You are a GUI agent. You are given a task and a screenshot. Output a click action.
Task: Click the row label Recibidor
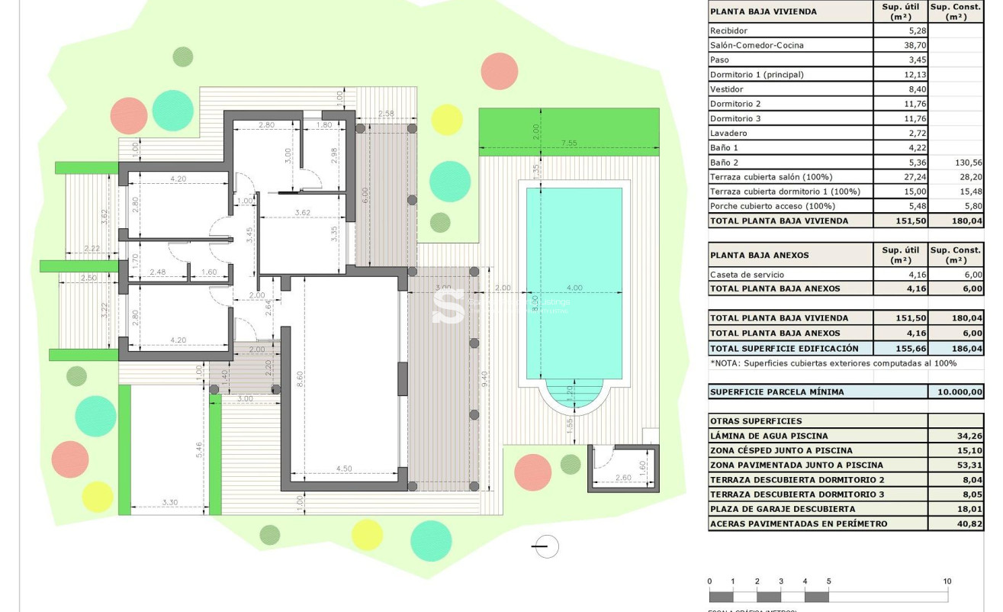[728, 31]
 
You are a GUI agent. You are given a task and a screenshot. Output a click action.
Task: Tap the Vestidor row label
[726, 89]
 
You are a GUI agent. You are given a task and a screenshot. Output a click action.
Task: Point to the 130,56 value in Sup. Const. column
[967, 163]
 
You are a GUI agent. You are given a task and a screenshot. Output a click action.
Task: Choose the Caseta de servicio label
[747, 275]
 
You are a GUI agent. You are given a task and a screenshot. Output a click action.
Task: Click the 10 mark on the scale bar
[947, 581]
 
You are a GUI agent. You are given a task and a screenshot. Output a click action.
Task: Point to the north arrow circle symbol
[546, 546]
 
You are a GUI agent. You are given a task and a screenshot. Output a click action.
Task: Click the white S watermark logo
[448, 305]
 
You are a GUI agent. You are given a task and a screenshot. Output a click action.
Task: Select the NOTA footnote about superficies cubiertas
[832, 363]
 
